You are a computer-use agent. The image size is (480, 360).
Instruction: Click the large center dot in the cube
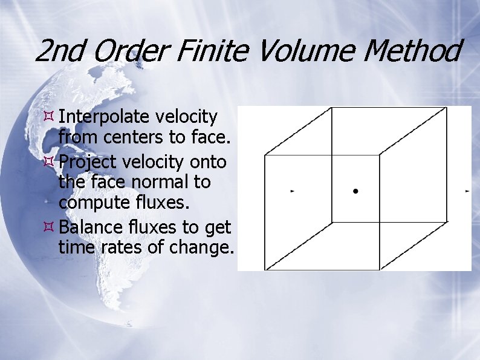pyautogui.click(x=355, y=191)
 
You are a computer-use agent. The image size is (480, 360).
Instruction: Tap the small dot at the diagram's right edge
pyautogui.click(x=467, y=191)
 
